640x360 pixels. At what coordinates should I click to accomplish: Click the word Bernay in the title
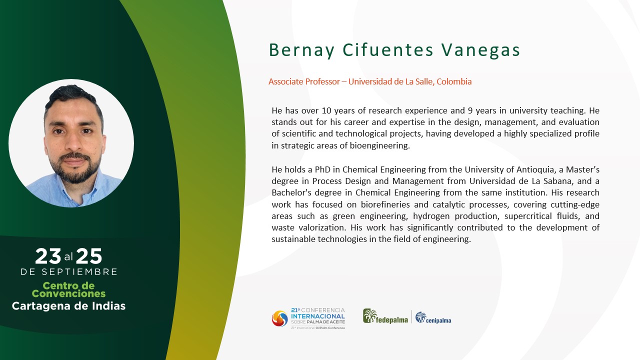point(301,50)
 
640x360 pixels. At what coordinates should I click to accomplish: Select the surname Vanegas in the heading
point(480,50)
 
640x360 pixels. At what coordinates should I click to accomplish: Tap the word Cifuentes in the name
point(388,50)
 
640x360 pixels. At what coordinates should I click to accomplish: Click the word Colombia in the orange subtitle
point(454,81)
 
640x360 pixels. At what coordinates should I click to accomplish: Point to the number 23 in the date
point(48,256)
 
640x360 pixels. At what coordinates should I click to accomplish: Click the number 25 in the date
point(89,256)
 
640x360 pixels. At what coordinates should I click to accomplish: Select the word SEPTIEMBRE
point(79,271)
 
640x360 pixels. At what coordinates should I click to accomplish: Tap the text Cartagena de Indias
point(68,306)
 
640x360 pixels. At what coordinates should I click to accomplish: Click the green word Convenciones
point(68,293)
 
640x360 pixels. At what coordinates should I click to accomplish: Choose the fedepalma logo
point(385,316)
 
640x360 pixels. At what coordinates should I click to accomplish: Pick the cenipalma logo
point(433,317)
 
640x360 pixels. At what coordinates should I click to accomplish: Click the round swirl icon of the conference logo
point(279,318)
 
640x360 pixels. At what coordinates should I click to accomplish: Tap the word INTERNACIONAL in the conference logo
point(318,316)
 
